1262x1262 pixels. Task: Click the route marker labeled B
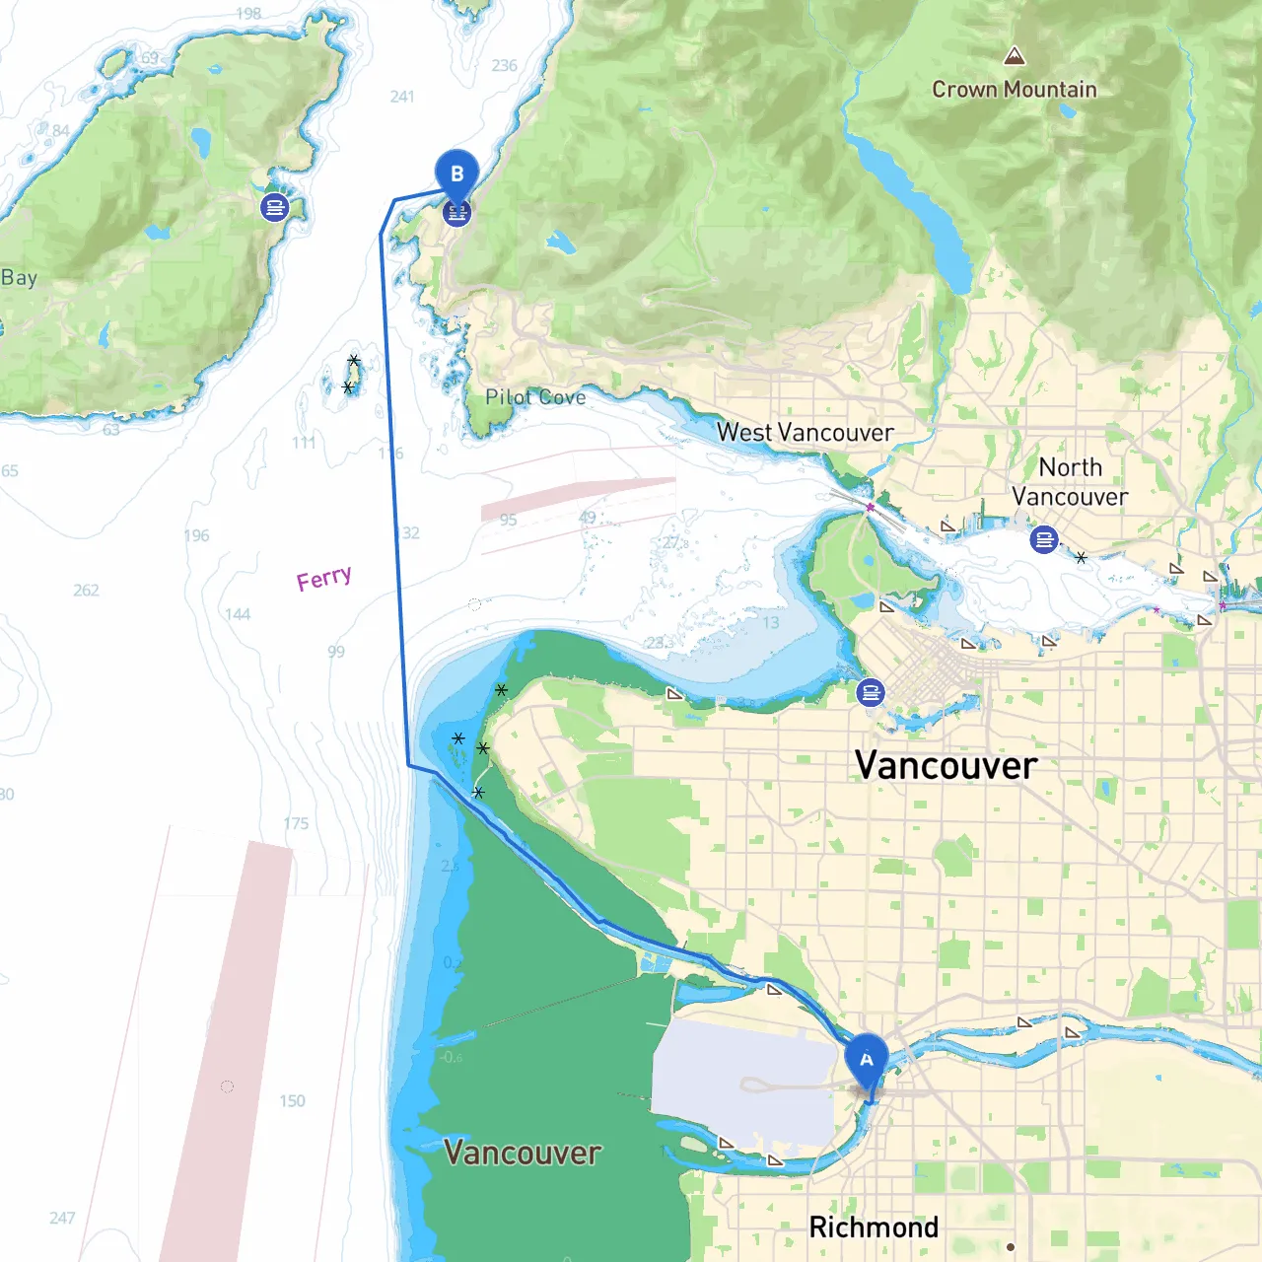(x=456, y=174)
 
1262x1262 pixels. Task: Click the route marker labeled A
(x=867, y=1061)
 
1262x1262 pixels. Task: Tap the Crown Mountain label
(x=1014, y=90)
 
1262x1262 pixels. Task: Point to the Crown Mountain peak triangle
(x=1014, y=56)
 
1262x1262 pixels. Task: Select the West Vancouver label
(x=805, y=433)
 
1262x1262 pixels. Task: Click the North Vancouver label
(x=1070, y=482)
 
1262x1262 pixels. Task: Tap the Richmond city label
(x=874, y=1227)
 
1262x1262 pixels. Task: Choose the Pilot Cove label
(x=535, y=397)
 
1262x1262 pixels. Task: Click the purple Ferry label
(x=323, y=578)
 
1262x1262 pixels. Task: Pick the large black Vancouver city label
(x=946, y=766)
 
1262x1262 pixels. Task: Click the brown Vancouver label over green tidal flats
(x=522, y=1153)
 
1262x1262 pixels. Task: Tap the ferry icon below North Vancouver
(x=1043, y=539)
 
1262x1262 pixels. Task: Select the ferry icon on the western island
(x=274, y=207)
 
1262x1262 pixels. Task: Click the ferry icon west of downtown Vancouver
(x=871, y=692)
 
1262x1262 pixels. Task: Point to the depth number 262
(x=86, y=591)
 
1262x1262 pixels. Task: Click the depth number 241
(x=402, y=97)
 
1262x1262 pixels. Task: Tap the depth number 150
(x=292, y=1101)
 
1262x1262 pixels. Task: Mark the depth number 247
(x=62, y=1219)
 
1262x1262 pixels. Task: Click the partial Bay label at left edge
(x=19, y=278)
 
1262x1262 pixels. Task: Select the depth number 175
(x=296, y=823)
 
